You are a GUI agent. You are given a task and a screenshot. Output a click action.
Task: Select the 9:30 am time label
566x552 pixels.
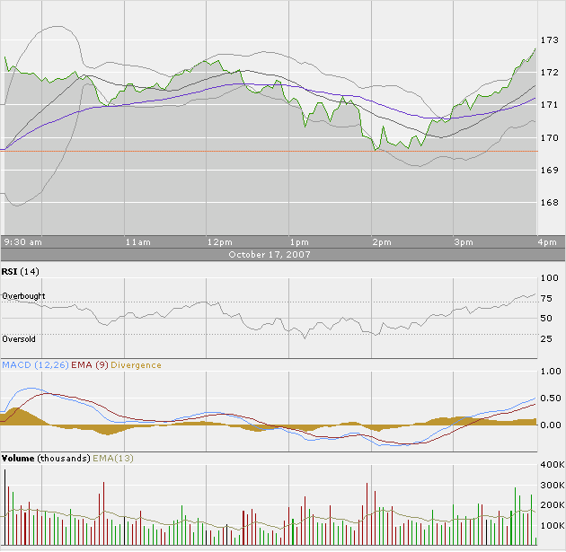23,242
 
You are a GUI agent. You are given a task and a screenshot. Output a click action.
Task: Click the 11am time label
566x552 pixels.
137,242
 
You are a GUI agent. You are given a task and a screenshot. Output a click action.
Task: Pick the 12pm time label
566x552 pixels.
219,242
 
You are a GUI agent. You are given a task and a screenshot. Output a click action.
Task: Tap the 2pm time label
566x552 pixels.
382,242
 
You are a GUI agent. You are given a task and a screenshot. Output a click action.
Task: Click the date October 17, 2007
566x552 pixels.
269,254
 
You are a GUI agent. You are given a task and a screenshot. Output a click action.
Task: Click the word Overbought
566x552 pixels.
24,296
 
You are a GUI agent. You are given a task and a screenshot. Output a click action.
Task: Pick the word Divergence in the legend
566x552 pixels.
137,364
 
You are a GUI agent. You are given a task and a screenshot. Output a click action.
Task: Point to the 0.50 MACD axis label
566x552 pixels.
549,398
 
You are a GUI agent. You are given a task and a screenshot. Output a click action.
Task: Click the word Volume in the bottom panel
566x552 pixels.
19,458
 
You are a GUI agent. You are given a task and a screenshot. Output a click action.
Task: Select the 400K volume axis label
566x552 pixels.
551,465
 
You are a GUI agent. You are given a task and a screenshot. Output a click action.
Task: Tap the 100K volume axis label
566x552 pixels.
551,525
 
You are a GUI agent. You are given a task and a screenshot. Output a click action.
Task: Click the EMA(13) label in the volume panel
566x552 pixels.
113,458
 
